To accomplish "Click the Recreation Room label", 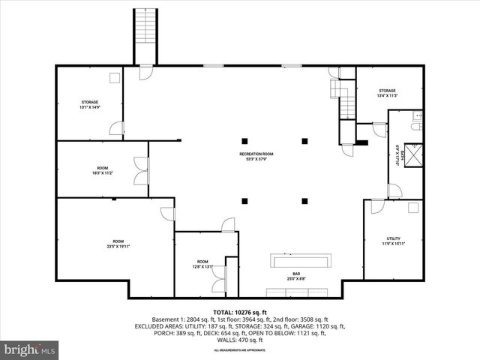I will tap(256, 156).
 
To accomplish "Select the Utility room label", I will tap(394, 240).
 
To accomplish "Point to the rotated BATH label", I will tap(401, 156).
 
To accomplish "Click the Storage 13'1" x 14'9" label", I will tap(90, 104).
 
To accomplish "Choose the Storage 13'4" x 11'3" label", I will tap(387, 93).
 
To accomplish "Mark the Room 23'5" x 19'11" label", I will tap(118, 243).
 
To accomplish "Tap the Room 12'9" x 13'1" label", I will tap(202, 263).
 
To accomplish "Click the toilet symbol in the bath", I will tap(415, 128).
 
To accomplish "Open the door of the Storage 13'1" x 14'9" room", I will tap(116, 129).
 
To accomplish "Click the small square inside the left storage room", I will tap(115, 77).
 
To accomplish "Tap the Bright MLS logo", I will tap(30, 349).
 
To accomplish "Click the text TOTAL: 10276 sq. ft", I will tap(239, 311).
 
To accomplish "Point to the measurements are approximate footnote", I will tap(239, 350).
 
